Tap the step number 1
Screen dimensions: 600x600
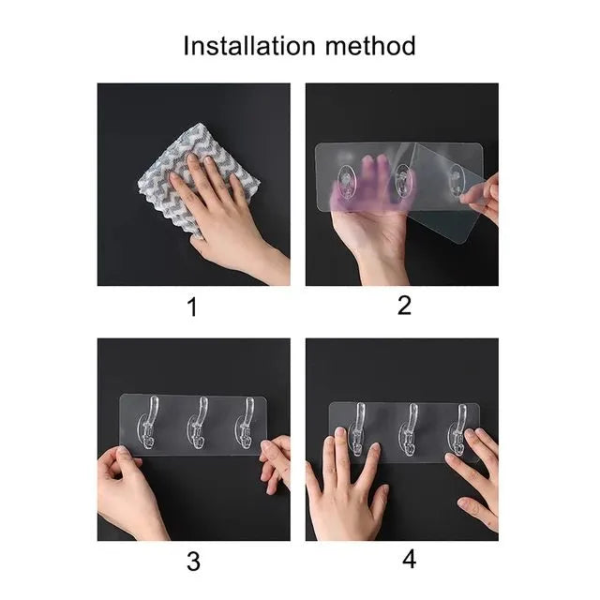(x=193, y=306)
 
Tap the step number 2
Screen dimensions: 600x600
(x=404, y=306)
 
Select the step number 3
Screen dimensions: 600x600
(x=193, y=561)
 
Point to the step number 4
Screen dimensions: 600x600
(x=409, y=560)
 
